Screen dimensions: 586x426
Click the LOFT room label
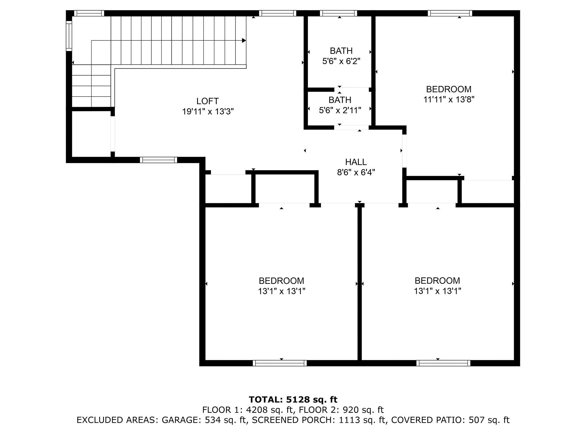point(207,101)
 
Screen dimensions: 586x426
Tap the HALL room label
point(356,162)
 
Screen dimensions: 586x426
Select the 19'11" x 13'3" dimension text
point(208,111)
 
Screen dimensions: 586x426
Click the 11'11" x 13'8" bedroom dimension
point(449,99)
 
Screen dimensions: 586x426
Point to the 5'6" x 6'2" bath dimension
point(341,61)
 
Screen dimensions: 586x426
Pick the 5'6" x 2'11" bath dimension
point(340,110)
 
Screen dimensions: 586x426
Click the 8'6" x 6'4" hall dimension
point(356,172)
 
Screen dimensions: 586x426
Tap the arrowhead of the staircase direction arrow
point(244,40)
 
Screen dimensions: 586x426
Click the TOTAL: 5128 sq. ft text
point(293,399)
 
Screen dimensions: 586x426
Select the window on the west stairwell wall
point(69,36)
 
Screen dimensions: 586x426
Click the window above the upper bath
point(338,13)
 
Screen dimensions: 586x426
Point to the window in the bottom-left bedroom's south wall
point(280,363)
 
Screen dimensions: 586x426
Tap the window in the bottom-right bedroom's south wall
point(443,363)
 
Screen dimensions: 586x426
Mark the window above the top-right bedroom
point(450,13)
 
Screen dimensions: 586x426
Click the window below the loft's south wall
point(159,160)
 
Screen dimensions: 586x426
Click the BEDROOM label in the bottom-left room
point(282,281)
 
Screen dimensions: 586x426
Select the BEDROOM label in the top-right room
point(449,89)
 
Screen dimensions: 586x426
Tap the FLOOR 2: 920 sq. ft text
point(341,410)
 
